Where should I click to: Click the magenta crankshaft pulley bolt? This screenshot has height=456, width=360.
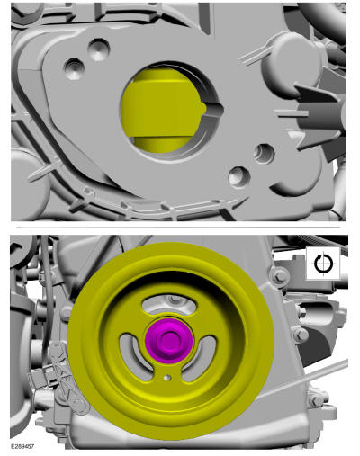point(169,341)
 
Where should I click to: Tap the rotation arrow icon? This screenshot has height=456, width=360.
point(324,264)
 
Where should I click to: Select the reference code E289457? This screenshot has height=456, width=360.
point(22,446)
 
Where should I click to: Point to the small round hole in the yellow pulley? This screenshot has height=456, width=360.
point(167,378)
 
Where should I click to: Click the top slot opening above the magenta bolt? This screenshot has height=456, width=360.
point(169,304)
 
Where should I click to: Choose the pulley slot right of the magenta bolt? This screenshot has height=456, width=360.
point(201,358)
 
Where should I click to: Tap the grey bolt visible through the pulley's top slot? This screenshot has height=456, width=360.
point(174,300)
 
